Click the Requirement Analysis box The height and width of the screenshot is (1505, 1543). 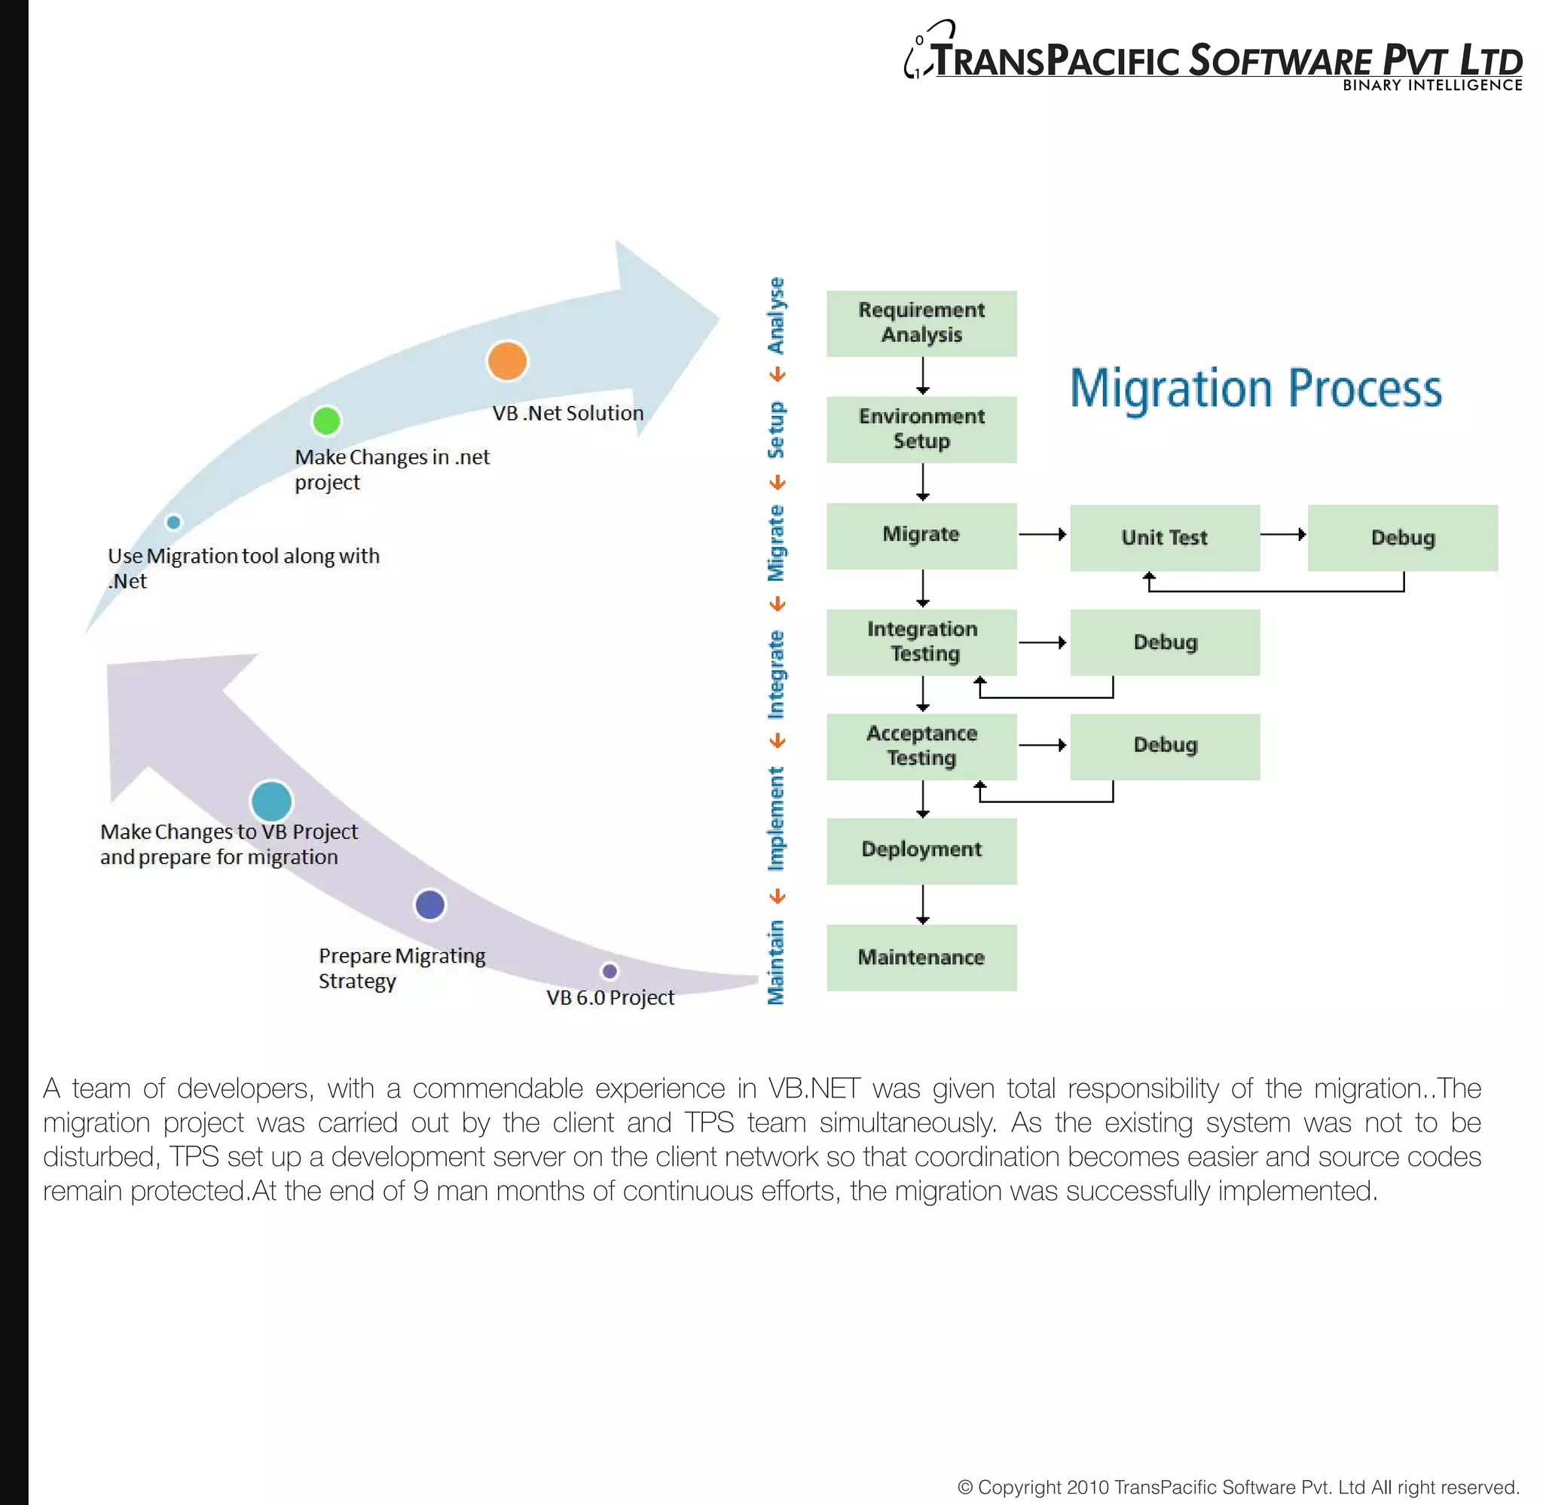tap(921, 323)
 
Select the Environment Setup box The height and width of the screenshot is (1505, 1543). tap(921, 429)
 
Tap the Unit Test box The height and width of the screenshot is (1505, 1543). tap(1164, 538)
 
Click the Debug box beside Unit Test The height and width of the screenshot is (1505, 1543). tap(1402, 538)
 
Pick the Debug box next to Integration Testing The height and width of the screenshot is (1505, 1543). tap(1164, 642)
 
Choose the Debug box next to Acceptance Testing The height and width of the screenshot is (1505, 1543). tap(1164, 746)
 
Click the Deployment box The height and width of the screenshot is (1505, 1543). tap(921, 850)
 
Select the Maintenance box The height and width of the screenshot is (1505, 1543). tap(921, 957)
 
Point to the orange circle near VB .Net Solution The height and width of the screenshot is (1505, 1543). tap(507, 361)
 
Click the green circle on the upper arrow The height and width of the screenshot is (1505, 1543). tap(326, 420)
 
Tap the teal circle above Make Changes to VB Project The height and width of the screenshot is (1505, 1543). tap(271, 801)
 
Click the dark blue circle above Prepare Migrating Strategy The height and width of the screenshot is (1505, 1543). tap(430, 904)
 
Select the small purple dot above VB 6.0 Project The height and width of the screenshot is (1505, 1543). tap(610, 971)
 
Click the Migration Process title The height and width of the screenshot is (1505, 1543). tap(1255, 388)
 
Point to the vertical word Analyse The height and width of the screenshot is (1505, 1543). tap(776, 316)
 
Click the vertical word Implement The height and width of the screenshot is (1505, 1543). tap(776, 818)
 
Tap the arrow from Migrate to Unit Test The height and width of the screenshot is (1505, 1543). tap(1042, 534)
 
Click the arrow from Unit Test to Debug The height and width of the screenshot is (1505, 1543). tap(1282, 534)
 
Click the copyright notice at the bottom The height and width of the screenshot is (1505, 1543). tap(1238, 1487)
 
